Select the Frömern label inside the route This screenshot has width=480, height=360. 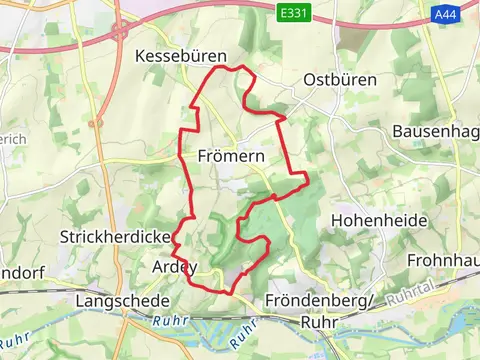pos(231,156)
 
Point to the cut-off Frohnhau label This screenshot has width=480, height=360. pos(443,260)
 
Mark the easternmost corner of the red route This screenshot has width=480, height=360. pos(308,180)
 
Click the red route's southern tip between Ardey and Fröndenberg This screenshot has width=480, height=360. pos(233,292)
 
